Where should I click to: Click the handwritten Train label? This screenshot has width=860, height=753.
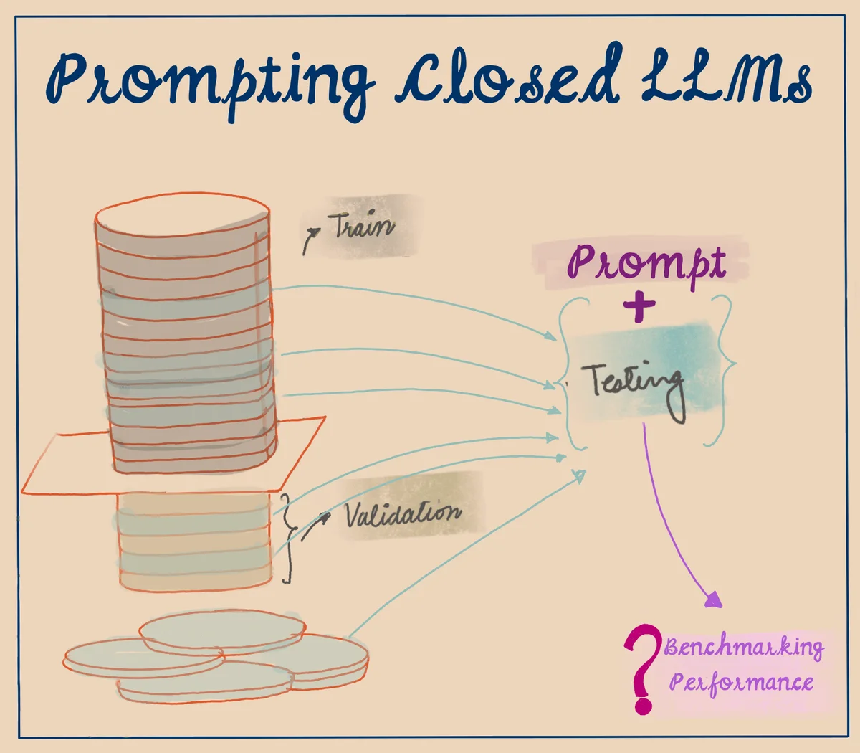362,226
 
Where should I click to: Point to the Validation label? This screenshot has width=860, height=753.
403,513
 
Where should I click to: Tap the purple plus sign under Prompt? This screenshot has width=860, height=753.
639,307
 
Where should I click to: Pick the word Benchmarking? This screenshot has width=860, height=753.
744,647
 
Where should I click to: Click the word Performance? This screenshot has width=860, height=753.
741,681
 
